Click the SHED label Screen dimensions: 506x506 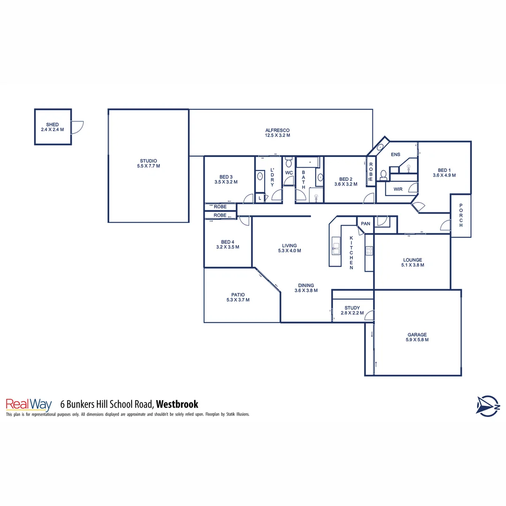(x=52, y=124)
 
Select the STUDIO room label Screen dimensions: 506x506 (x=148, y=161)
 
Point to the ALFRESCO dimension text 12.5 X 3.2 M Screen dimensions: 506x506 (x=277, y=135)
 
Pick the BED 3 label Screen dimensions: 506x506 (x=226, y=177)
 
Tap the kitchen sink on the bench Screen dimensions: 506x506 (x=336, y=246)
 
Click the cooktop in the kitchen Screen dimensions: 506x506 (x=369, y=251)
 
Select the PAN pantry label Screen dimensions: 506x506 (x=365, y=223)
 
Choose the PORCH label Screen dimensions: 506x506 (x=461, y=216)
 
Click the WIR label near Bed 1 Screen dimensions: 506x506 (x=398, y=189)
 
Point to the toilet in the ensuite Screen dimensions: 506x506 (x=383, y=175)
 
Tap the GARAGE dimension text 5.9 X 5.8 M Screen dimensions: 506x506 (x=417, y=340)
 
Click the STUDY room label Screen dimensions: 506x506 (x=352, y=308)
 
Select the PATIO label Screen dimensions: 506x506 (x=238, y=295)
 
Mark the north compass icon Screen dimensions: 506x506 (x=488, y=405)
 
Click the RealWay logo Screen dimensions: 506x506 (x=29, y=404)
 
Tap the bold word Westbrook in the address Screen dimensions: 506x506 (x=177, y=404)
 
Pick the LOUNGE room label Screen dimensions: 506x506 (x=412, y=260)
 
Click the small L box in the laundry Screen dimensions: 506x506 (x=260, y=198)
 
